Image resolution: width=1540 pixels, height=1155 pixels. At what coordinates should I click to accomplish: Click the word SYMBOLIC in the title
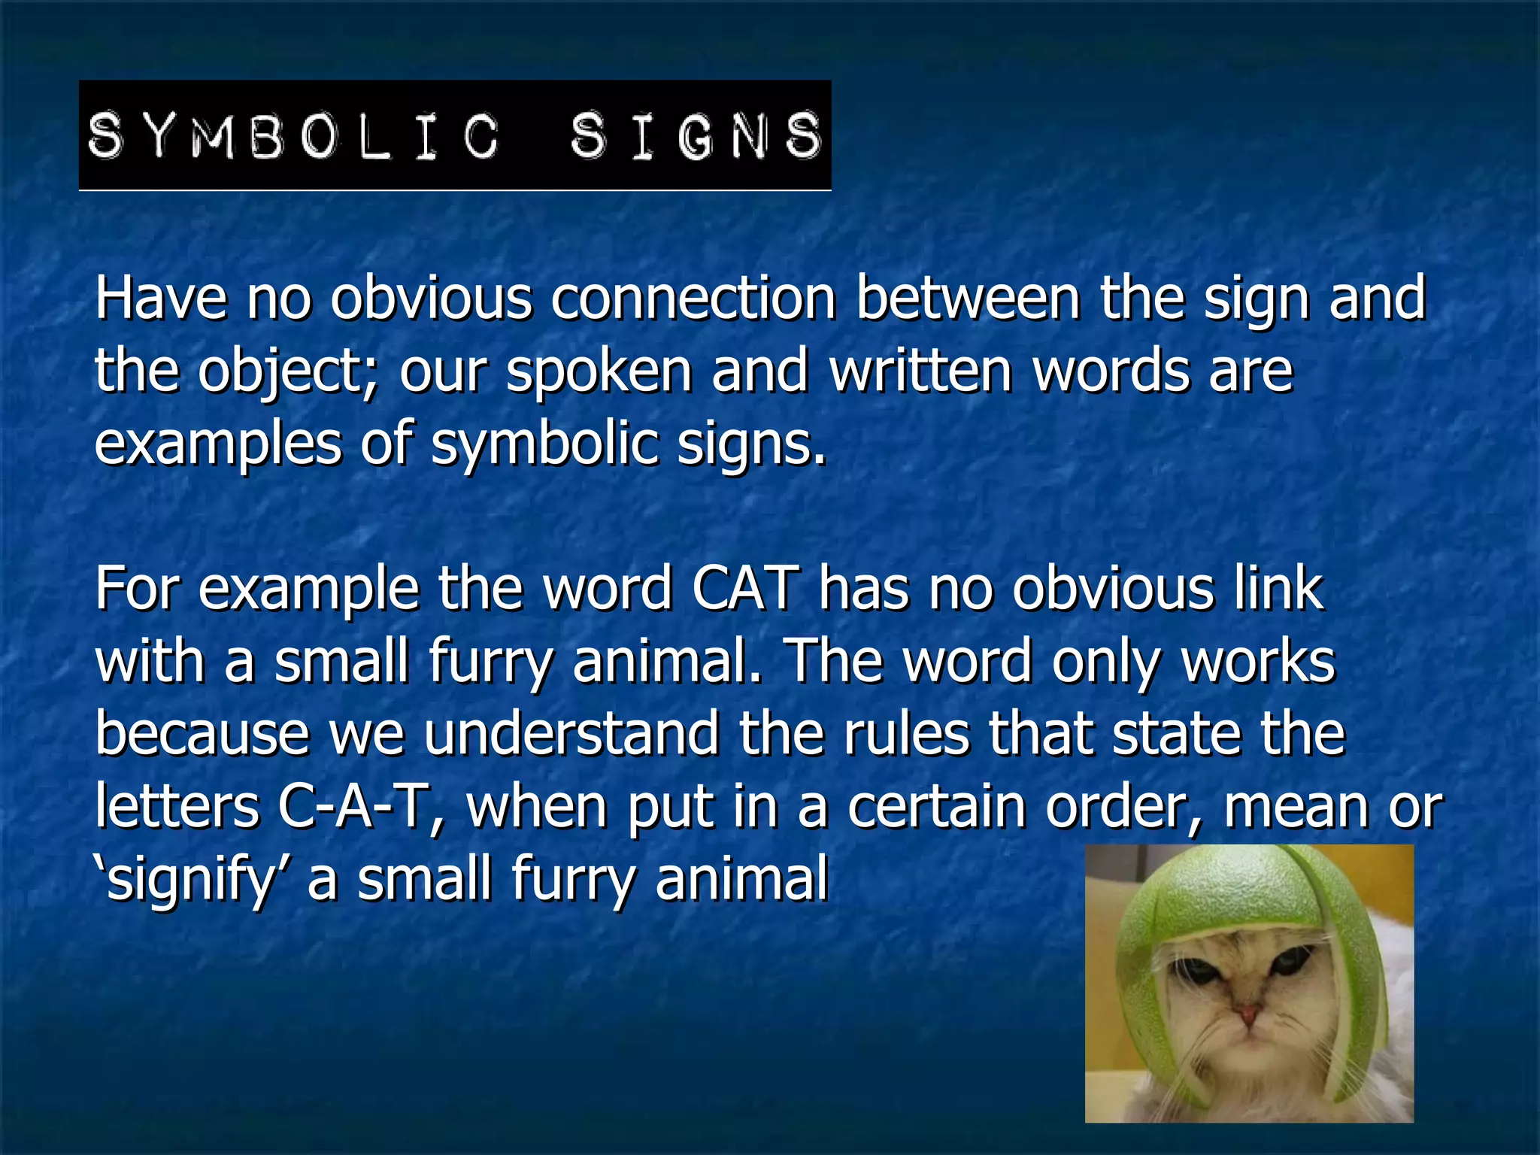[293, 136]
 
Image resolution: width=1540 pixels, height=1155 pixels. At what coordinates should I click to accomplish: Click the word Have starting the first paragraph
[160, 299]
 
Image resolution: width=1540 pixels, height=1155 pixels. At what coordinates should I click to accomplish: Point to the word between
[968, 299]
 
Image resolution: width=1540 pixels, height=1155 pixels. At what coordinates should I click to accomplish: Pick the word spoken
[599, 372]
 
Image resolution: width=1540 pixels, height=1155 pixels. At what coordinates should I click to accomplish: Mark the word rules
[906, 735]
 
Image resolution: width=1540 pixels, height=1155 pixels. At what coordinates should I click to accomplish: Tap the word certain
[937, 807]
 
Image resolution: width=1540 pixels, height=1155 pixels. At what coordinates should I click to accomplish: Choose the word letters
[177, 807]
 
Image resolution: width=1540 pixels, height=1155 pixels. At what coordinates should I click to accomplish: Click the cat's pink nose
[1249, 1015]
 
